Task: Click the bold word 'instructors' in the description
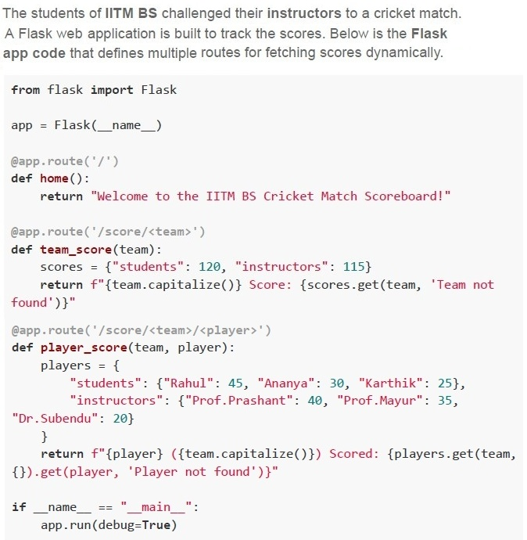click(x=304, y=13)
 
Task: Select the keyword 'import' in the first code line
click(x=112, y=90)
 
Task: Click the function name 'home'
click(x=55, y=178)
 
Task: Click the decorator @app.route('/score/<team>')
click(x=108, y=232)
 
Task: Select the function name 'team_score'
click(x=76, y=250)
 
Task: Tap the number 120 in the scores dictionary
click(x=210, y=267)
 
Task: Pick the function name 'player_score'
click(x=84, y=347)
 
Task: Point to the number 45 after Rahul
click(x=235, y=383)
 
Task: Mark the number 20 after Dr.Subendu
click(x=120, y=419)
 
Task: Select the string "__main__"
click(x=156, y=507)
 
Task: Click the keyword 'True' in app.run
click(x=156, y=525)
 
